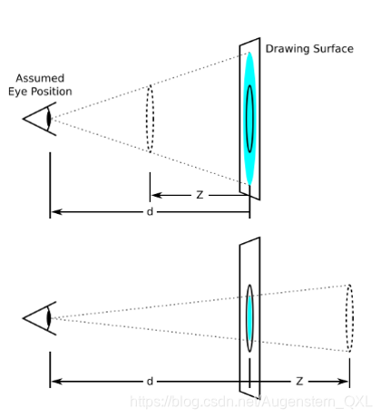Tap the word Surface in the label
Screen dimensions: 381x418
(333, 49)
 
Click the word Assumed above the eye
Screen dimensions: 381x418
(40, 78)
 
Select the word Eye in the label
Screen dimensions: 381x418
(18, 92)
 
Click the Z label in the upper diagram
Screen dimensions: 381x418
(200, 195)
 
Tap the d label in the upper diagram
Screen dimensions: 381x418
(150, 211)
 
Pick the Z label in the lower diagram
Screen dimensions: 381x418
(299, 381)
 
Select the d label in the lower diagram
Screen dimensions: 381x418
(150, 381)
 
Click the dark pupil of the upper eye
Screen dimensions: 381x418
(49, 119)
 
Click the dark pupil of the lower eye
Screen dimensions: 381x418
(49, 318)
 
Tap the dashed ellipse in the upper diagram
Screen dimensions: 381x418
(147, 119)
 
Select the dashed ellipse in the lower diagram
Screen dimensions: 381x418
(347, 318)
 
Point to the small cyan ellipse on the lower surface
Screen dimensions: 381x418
(249, 318)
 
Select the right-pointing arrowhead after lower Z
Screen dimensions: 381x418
(342, 382)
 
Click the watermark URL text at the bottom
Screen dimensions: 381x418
(251, 402)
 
